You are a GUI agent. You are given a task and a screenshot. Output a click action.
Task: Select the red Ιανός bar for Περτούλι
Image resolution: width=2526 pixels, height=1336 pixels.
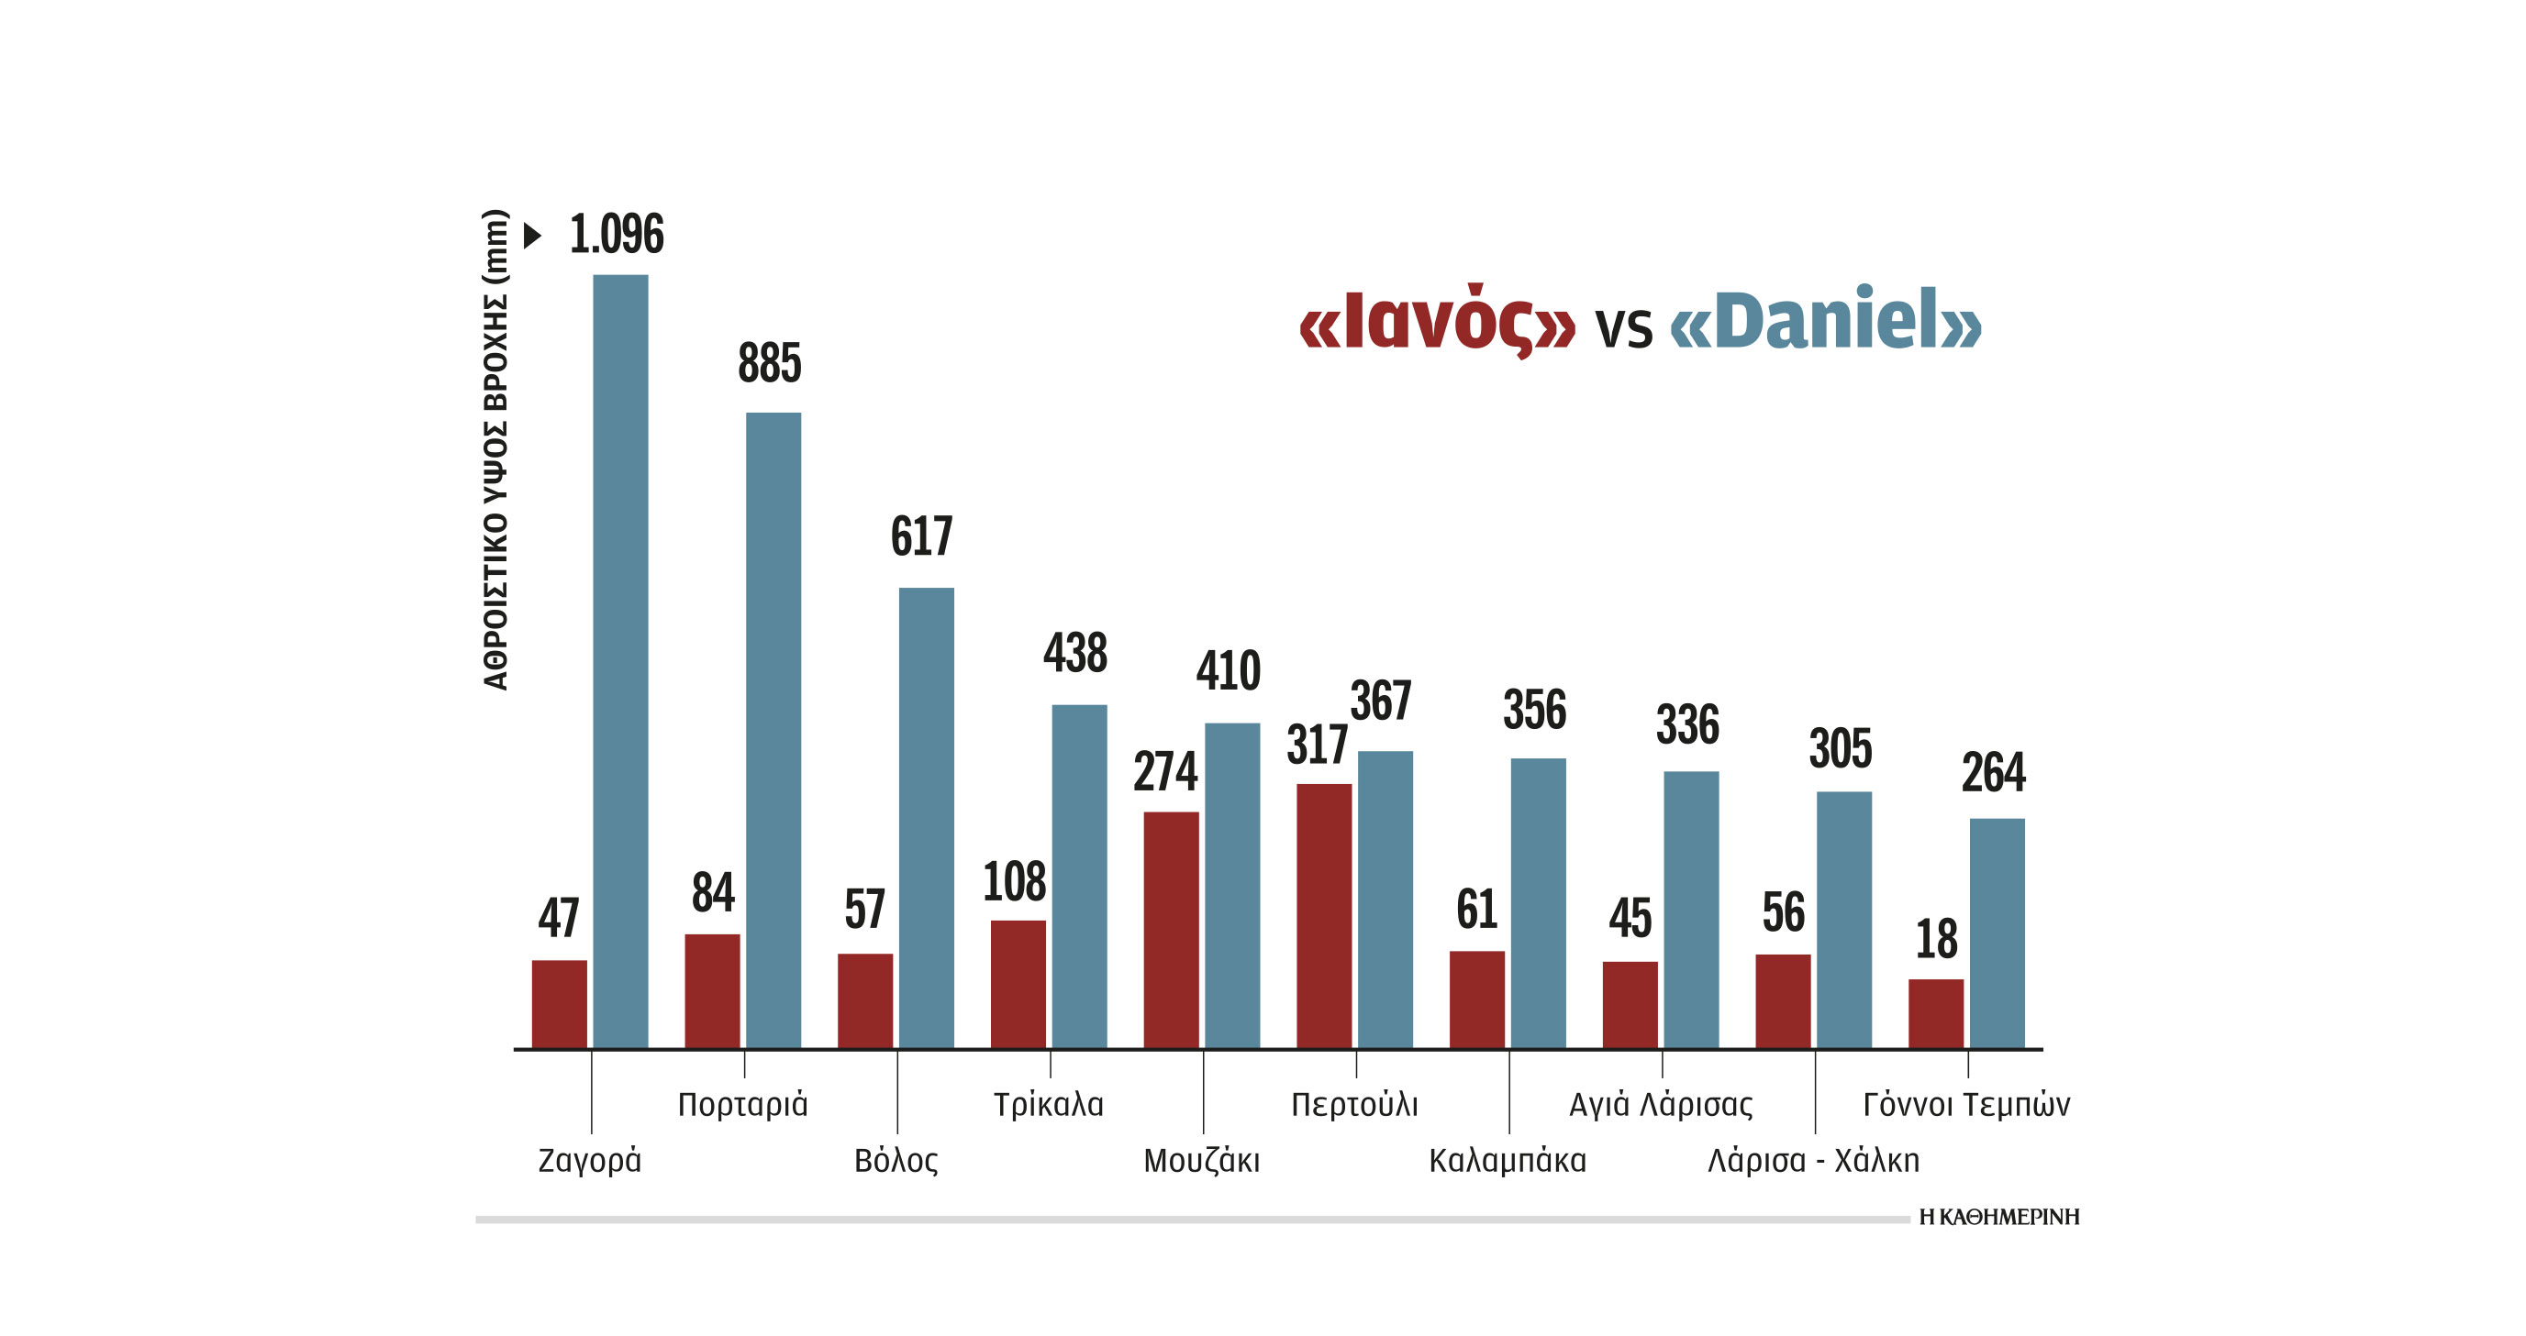[x=1323, y=915]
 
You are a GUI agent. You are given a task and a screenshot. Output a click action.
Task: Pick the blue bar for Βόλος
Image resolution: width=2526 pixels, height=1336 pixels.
[x=926, y=818]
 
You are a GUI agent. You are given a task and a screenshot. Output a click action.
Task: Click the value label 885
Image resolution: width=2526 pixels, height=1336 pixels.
[x=769, y=364]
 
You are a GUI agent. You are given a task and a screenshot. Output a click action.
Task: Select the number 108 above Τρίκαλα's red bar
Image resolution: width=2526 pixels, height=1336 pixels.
[x=1014, y=881]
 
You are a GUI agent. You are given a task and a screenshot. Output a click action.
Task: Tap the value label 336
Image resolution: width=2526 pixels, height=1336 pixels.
[x=1686, y=725]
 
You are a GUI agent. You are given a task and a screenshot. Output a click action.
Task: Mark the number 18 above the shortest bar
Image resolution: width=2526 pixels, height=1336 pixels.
[x=1936, y=939]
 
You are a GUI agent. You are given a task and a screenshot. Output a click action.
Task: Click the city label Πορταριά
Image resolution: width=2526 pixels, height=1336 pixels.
[x=742, y=1105]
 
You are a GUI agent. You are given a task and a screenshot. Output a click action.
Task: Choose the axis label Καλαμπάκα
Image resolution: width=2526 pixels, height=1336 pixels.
[x=1507, y=1161]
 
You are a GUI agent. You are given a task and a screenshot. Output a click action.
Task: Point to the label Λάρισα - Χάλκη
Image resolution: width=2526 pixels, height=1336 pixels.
[x=1812, y=1161]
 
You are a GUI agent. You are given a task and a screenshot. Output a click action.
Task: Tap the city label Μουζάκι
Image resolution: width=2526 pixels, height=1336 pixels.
[x=1201, y=1161]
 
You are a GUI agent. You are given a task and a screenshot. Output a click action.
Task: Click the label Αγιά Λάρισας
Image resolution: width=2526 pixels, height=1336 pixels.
[x=1660, y=1105]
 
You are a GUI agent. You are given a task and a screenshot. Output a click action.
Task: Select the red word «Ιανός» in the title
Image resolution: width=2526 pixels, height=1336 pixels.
[x=1437, y=322]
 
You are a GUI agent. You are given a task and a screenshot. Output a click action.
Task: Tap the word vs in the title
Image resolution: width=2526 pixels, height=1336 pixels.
[x=1623, y=327]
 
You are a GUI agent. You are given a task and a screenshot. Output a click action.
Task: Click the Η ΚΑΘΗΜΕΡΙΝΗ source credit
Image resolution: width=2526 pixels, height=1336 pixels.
[x=1998, y=1217]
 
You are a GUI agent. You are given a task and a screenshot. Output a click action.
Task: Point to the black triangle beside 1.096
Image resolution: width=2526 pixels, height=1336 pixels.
[x=532, y=236]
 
